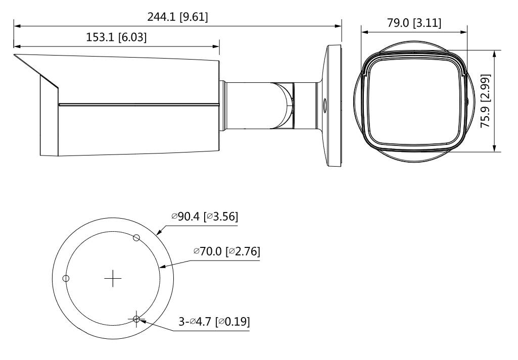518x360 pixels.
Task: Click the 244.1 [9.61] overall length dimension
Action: coord(178,17)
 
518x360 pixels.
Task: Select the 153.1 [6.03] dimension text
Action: coord(116,37)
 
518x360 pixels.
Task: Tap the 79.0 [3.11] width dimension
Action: coord(414,23)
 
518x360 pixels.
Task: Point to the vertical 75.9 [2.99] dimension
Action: coord(485,101)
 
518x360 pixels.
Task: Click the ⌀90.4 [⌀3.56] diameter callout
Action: coord(205,217)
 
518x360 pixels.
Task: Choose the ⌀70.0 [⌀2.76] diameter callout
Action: coord(227,251)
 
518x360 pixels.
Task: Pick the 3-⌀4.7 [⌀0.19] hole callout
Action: coord(214,322)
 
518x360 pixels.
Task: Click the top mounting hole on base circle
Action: coord(136,238)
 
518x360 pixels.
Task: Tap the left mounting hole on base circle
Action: coord(66,279)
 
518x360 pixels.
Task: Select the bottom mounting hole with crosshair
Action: coord(136,319)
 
